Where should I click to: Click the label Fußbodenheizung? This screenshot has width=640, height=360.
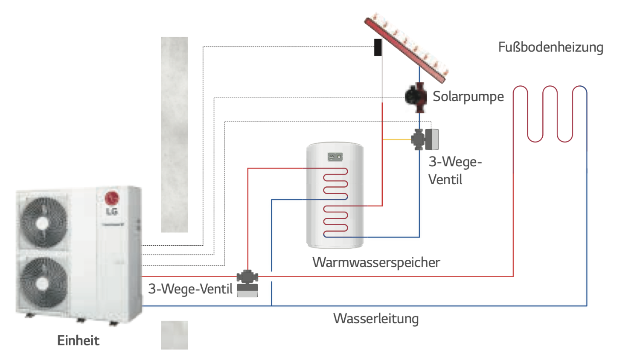click(x=550, y=47)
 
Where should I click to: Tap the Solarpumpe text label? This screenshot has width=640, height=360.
click(x=468, y=97)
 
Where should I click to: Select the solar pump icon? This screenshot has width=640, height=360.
click(x=416, y=97)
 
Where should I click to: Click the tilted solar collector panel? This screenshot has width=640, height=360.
click(x=406, y=47)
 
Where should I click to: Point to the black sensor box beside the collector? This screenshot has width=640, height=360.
click(x=378, y=47)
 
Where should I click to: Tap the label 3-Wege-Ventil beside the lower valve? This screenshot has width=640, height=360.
click(x=190, y=289)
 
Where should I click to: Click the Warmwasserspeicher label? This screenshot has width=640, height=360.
click(x=376, y=262)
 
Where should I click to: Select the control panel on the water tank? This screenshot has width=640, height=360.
click(x=335, y=157)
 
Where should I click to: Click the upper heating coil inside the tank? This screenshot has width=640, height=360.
click(x=336, y=184)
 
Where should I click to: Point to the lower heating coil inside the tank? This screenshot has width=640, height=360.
click(x=336, y=221)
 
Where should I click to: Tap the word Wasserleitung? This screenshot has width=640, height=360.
click(x=376, y=319)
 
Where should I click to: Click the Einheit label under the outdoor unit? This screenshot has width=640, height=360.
click(x=78, y=340)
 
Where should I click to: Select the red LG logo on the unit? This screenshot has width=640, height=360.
click(x=112, y=198)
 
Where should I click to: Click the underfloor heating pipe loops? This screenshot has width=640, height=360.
click(x=550, y=114)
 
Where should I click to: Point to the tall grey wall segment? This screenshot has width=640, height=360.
click(x=174, y=134)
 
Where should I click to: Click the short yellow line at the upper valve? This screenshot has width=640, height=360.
click(x=397, y=139)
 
